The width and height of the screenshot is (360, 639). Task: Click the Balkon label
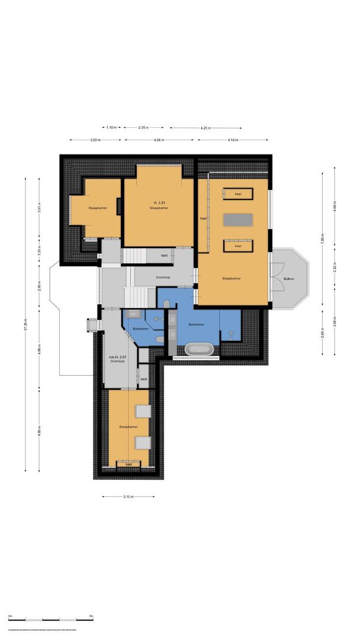(288, 279)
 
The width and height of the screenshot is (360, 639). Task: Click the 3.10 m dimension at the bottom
(128, 496)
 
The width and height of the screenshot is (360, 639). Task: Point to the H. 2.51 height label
(158, 203)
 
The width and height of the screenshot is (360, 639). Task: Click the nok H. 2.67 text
(117, 357)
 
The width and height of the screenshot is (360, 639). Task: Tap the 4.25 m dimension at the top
(205, 128)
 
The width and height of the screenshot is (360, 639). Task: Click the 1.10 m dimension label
(112, 128)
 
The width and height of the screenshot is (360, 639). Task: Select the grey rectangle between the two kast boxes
(237, 220)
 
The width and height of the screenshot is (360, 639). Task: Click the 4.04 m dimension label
(159, 140)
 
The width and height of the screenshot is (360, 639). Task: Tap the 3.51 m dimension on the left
(39, 208)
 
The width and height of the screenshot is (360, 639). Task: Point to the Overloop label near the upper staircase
(163, 277)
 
